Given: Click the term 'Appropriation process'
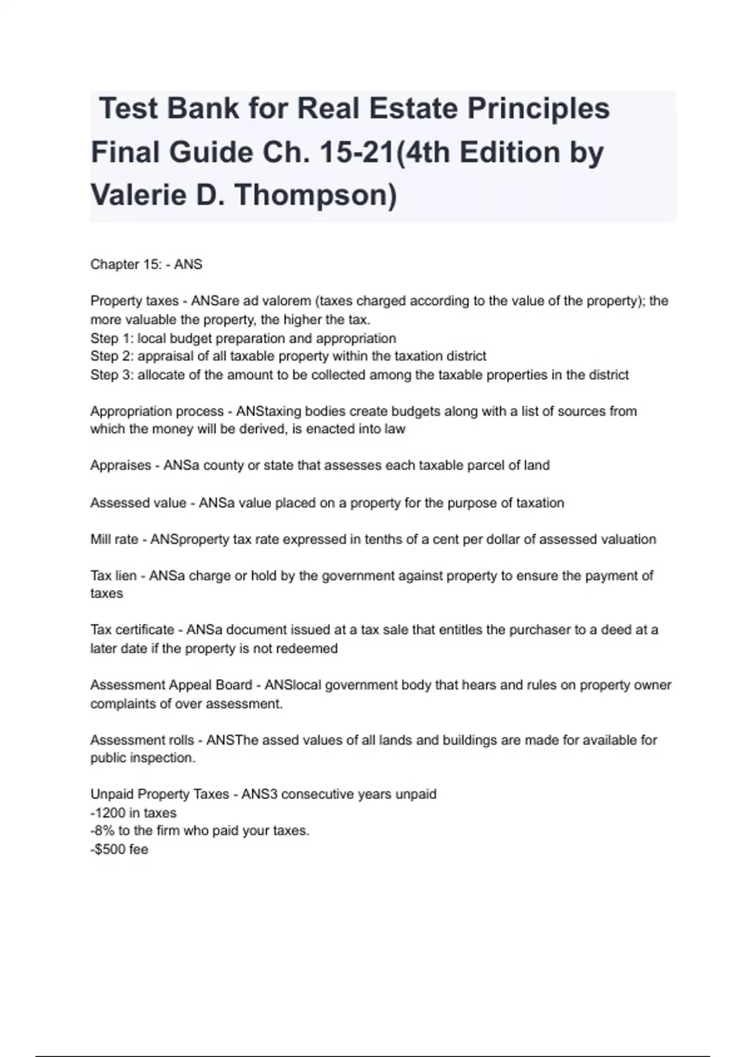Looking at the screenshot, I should click(x=157, y=411).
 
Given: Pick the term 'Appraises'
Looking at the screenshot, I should click(x=121, y=465).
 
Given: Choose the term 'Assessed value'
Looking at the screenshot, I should click(x=138, y=502).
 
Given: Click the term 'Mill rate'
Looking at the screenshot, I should click(x=114, y=539).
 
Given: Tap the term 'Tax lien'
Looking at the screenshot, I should click(x=113, y=576).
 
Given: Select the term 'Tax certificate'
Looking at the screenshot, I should click(x=132, y=630).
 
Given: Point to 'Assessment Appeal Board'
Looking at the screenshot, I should click(x=171, y=685).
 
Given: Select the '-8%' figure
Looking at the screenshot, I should click(x=103, y=831).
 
